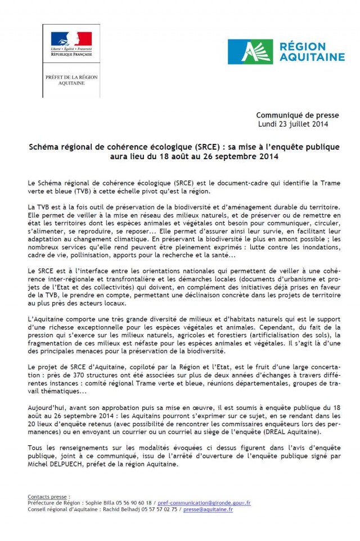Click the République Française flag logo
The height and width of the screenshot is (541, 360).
coord(71,39)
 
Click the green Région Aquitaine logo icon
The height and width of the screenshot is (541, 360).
coord(242,52)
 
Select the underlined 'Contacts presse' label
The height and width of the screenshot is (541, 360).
coord(48,497)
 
